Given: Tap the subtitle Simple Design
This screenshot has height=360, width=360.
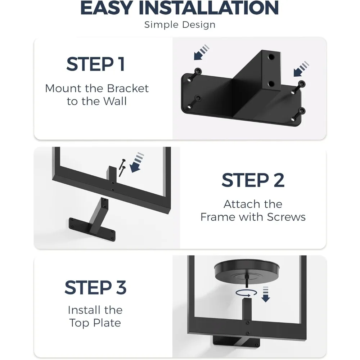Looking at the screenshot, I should (180, 25).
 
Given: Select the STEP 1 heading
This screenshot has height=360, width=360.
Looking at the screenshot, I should (95, 64).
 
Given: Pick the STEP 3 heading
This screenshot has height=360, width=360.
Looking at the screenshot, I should (95, 288).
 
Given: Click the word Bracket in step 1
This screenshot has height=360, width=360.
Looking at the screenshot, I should (127, 89).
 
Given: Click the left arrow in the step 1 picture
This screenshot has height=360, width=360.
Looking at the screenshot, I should (201, 52).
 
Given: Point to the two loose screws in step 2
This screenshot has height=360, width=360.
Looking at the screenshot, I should (121, 166).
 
